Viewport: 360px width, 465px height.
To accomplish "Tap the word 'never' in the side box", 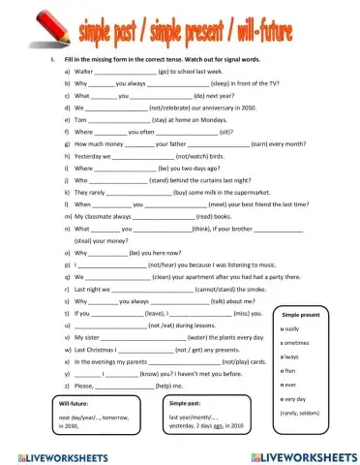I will click(288, 385).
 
